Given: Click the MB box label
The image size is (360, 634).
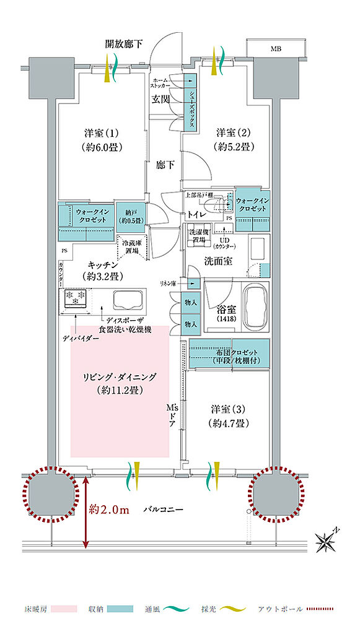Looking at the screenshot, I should [x=274, y=48].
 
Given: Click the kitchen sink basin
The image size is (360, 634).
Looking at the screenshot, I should [x=128, y=299].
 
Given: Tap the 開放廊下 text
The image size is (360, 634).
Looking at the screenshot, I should [x=124, y=44].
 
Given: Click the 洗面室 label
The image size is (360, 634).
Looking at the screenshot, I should [x=219, y=261].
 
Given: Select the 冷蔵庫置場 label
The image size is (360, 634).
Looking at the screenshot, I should [x=131, y=247].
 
